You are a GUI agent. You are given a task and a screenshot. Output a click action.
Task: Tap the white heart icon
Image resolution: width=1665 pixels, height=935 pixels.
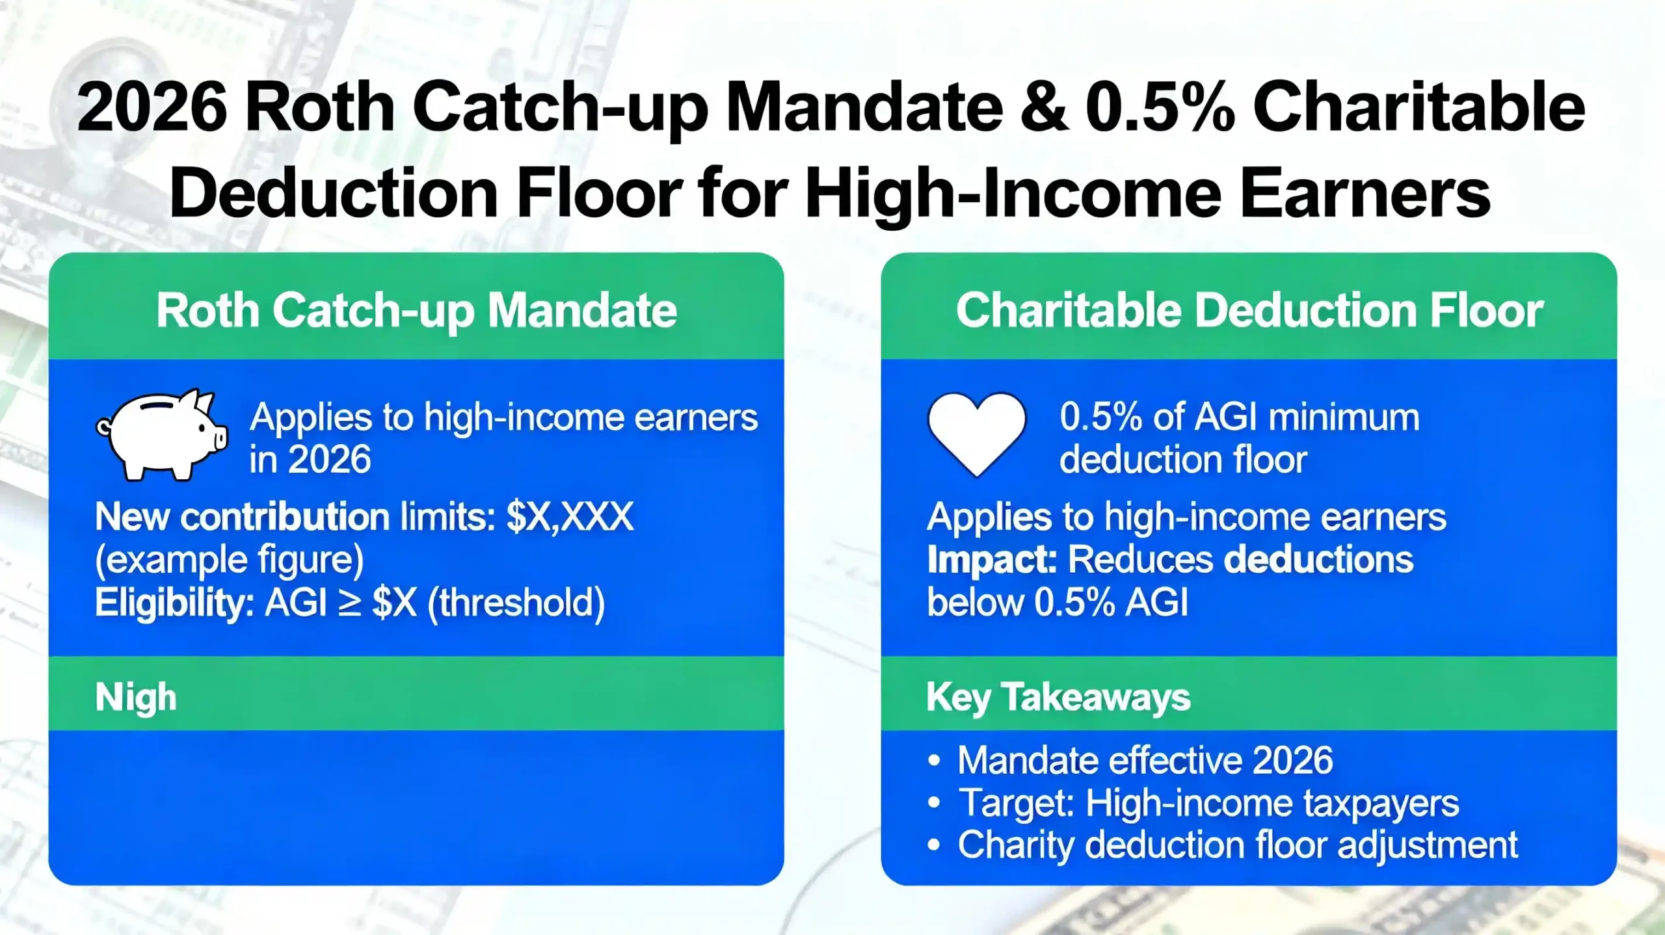tap(976, 432)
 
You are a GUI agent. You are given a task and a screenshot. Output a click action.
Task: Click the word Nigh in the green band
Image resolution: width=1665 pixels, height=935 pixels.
tap(136, 697)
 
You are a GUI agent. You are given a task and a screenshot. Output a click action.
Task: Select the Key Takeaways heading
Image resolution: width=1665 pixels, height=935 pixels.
tap(1058, 697)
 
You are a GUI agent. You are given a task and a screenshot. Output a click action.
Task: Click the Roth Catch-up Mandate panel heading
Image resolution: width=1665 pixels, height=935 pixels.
tap(416, 310)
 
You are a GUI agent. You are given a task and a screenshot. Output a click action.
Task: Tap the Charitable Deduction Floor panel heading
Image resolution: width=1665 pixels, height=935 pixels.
tap(1249, 310)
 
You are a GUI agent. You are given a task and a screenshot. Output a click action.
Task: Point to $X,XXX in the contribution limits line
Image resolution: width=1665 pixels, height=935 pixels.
tap(570, 518)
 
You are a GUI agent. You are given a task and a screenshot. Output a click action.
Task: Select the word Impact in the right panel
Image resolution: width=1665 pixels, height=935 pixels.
tap(992, 560)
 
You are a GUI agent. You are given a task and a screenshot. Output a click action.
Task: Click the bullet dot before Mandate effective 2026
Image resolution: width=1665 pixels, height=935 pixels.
tap(935, 761)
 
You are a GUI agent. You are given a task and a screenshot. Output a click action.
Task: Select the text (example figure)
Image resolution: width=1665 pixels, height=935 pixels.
tap(229, 560)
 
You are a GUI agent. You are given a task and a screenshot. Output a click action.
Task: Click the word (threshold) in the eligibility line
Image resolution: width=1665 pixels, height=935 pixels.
tap(516, 603)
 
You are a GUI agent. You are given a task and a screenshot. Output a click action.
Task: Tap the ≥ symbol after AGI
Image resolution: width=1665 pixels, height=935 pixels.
tap(349, 603)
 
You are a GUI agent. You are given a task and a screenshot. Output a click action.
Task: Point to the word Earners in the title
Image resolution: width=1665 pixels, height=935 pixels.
tap(1365, 193)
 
